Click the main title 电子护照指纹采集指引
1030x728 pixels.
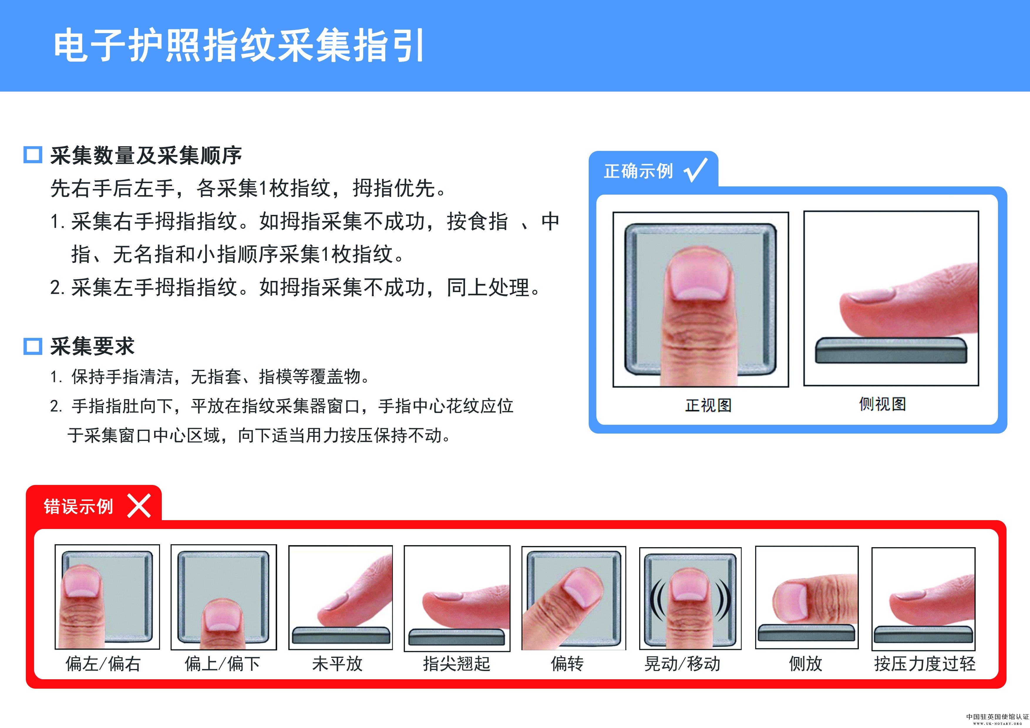point(239,45)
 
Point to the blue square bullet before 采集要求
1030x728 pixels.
point(33,346)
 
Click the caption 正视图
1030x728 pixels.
point(708,405)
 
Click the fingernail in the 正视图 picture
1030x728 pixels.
point(700,279)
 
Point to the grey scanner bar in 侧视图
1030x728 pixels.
point(891,350)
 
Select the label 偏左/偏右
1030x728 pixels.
point(103,664)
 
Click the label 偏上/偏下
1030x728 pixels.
point(223,664)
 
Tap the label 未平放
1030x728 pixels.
point(337,664)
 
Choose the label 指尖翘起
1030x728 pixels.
point(457,664)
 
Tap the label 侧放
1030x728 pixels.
point(806,664)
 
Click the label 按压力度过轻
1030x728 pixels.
point(925,664)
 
